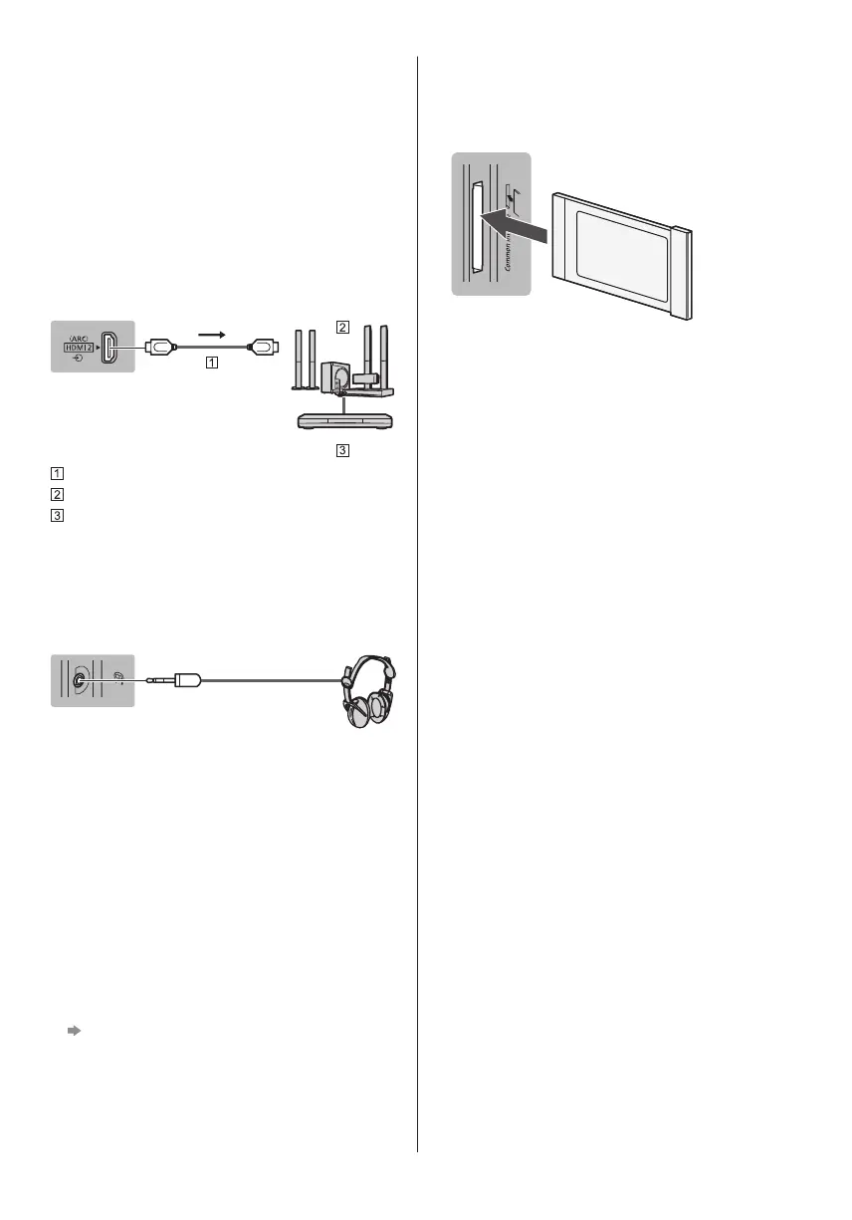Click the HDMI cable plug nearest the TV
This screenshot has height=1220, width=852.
click(x=161, y=347)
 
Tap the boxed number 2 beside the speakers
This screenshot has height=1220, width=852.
click(x=341, y=327)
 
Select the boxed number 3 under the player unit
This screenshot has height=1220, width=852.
click(x=341, y=450)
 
